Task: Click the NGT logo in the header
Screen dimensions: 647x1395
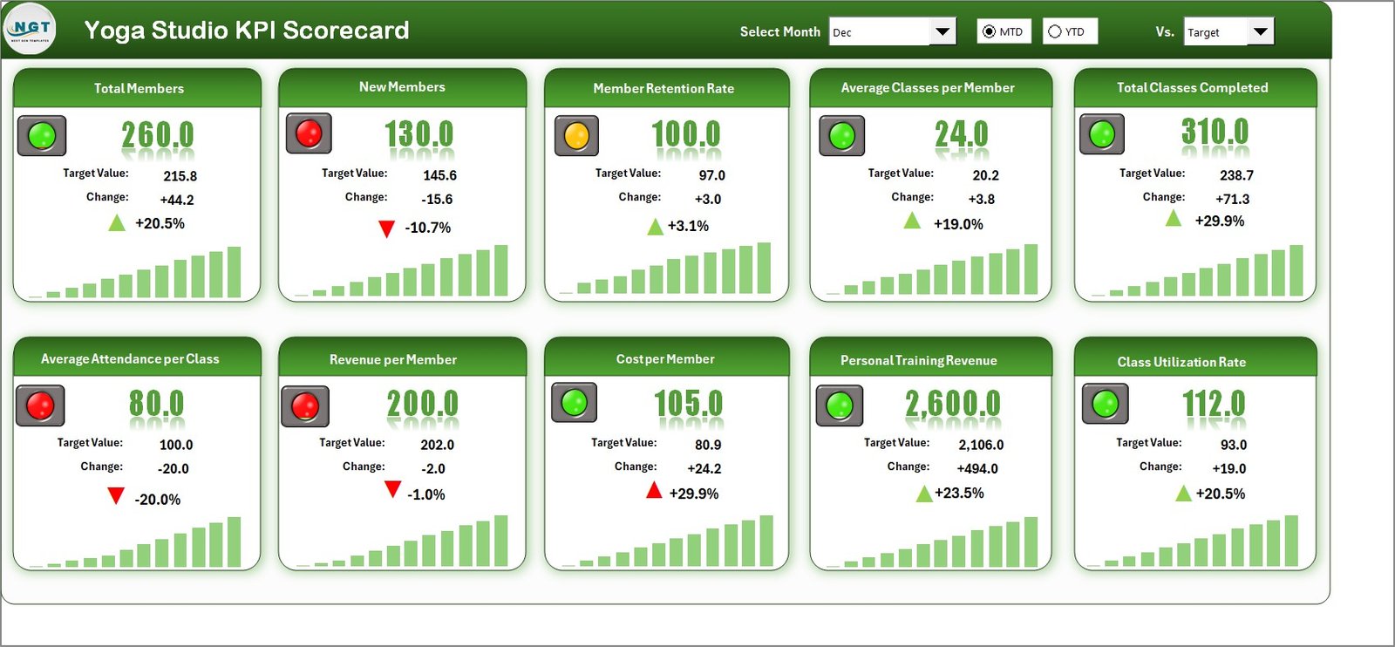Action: point(31,29)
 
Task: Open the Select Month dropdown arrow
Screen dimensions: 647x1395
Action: point(942,32)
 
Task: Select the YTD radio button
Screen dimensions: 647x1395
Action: point(1055,31)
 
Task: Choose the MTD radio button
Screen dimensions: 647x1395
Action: point(989,31)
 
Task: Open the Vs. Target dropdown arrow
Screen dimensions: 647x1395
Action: point(1260,32)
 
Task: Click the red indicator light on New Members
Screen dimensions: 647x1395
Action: point(309,133)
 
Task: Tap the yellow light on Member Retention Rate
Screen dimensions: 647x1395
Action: point(576,136)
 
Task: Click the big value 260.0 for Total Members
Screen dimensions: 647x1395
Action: point(158,135)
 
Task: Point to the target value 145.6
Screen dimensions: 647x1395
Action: point(439,175)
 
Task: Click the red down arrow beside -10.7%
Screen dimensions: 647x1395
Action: point(386,229)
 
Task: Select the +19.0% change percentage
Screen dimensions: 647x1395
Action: point(958,224)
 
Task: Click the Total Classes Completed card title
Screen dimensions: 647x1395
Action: point(1192,88)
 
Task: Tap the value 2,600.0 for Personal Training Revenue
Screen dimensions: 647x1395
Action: point(952,404)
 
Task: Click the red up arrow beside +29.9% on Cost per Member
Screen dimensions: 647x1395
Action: point(654,491)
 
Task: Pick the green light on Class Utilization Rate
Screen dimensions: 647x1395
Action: point(1105,404)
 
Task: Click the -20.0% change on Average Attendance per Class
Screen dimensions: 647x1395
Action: point(158,500)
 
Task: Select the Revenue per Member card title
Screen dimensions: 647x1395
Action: point(393,359)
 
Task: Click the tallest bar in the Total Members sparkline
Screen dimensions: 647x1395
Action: point(234,272)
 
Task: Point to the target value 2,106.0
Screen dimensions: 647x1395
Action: point(981,445)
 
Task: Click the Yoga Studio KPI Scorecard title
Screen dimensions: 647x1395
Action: point(247,31)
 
